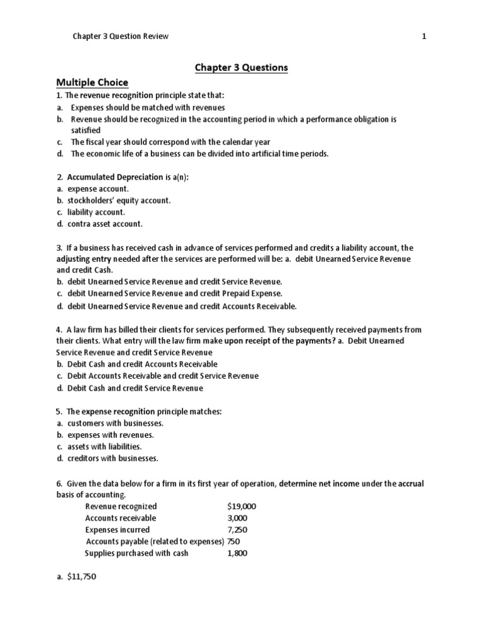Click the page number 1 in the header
pos(424,36)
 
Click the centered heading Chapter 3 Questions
pos(241,67)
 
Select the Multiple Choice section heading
pos(92,82)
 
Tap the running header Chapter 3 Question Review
pos(121,36)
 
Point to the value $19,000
pos(241,506)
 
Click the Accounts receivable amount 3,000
pos(237,518)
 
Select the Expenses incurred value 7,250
pos(237,530)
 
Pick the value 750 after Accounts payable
pos(233,541)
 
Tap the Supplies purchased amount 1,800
pos(237,553)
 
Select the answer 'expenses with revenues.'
pos(110,435)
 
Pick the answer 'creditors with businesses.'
pos(113,458)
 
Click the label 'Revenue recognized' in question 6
pos(121,506)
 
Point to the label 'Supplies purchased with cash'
pos(136,553)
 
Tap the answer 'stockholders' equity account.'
pos(119,200)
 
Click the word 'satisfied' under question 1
pos(86,130)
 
